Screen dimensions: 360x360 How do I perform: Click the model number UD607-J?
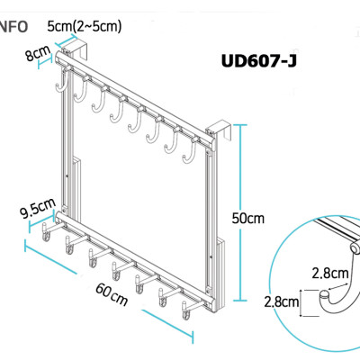pyautogui.click(x=260, y=63)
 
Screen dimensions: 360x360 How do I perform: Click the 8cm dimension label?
pyautogui.click(x=39, y=56)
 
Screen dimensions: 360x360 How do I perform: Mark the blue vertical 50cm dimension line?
pyautogui.click(x=240, y=219)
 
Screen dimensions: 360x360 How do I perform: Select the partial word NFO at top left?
pyautogui.click(x=13, y=27)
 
